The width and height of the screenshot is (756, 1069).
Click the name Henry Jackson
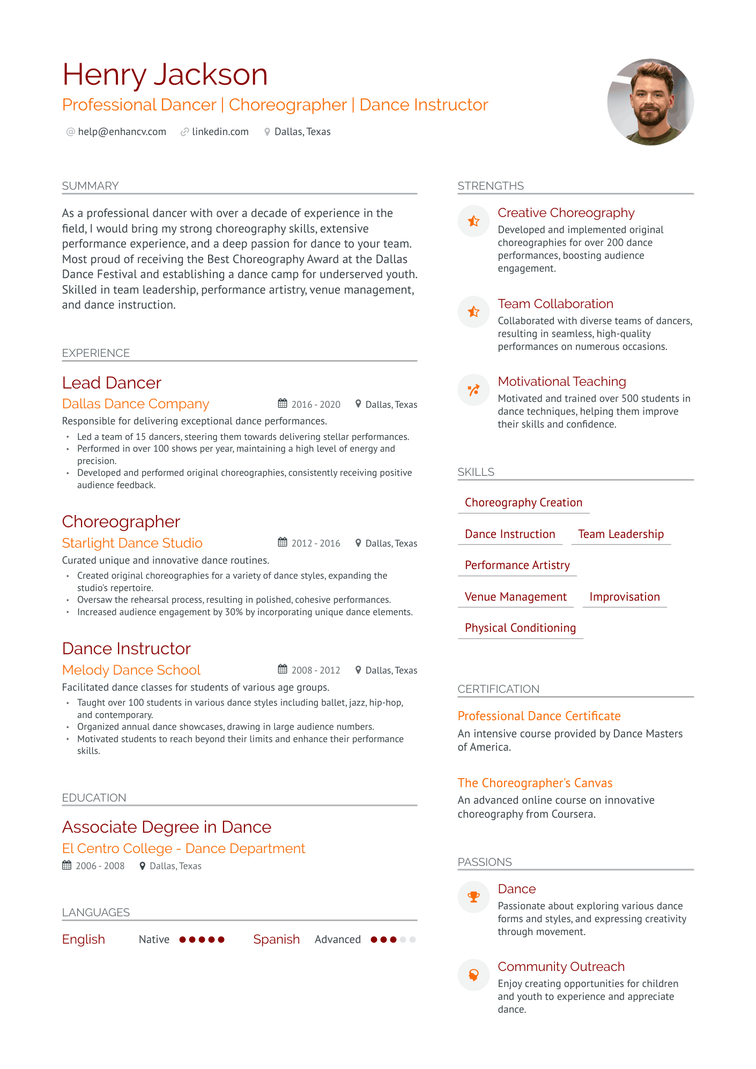[x=165, y=74]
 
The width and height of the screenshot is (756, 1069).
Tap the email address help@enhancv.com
[x=122, y=132]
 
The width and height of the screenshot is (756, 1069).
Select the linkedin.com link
[x=220, y=132]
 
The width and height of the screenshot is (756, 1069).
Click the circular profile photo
[x=650, y=102]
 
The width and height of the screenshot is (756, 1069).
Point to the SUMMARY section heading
[x=90, y=186]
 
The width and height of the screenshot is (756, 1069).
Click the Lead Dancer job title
[x=112, y=383]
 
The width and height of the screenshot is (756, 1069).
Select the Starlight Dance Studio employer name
[x=132, y=543]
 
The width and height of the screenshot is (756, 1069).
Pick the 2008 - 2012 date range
[x=316, y=670]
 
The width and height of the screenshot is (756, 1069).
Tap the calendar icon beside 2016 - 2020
[x=283, y=403]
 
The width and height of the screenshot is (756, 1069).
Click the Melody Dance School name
[x=131, y=670]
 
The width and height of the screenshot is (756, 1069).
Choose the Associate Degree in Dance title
[x=167, y=827]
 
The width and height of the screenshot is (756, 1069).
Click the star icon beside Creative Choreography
[x=473, y=221]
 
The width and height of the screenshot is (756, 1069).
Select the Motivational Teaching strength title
[x=562, y=382]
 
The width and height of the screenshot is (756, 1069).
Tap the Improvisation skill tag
[x=625, y=597]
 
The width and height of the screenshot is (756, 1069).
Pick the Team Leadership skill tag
[x=621, y=534]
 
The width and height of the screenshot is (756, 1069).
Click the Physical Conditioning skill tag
[x=520, y=628]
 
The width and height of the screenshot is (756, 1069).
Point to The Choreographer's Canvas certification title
[x=535, y=783]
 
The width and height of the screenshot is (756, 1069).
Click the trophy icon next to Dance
[x=473, y=897]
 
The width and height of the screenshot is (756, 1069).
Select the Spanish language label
[x=276, y=939]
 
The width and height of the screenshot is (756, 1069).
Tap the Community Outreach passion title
[x=561, y=967]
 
